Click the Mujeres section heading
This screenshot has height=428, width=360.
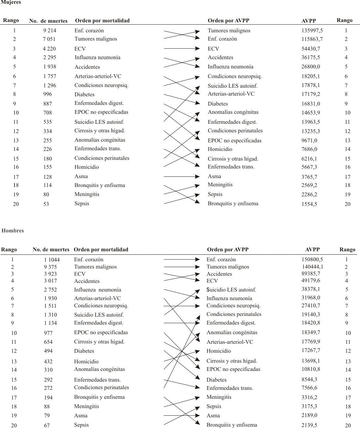point(11,2)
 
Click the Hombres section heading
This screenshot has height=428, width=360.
point(12,231)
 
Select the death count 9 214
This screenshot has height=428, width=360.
point(50,31)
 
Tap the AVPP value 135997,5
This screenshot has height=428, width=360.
point(312,31)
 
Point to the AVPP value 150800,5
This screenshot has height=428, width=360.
point(312,260)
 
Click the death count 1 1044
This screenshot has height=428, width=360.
point(52,260)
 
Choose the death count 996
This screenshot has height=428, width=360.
point(47,94)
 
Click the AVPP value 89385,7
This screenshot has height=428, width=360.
point(311,274)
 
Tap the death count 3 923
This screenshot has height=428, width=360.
point(50,274)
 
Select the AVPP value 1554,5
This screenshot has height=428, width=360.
point(309,204)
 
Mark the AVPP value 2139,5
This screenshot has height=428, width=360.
point(309,425)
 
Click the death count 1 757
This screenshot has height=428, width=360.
point(50,76)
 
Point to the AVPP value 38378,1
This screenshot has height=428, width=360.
point(311,289)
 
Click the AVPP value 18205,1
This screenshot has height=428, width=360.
point(310,76)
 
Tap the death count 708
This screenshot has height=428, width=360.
point(47,112)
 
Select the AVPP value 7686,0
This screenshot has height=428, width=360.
point(309,149)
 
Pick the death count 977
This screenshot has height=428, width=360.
point(48,333)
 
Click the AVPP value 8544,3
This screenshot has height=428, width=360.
point(309,380)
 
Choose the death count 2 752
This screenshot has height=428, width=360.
point(50,290)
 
